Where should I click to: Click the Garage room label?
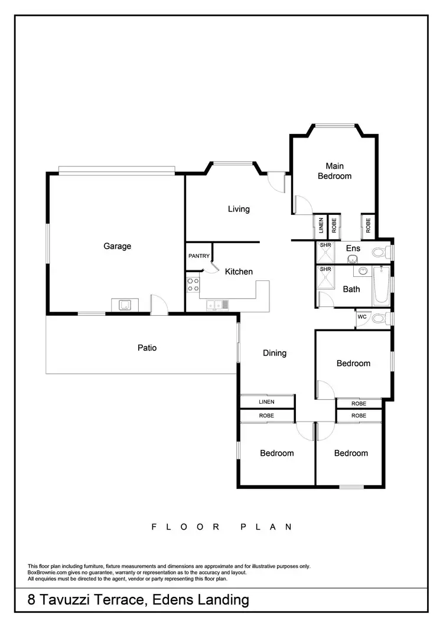[117, 246]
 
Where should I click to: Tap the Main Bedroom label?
[334, 171]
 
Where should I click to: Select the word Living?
[239, 209]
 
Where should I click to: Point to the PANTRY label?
[198, 256]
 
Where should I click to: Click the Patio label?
[147, 348]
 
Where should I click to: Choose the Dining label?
[275, 353]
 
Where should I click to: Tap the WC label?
[361, 317]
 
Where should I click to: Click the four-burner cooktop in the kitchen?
[193, 285]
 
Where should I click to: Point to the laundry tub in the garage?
[125, 305]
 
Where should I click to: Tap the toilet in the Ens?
[382, 252]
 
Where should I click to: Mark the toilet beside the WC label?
[382, 319]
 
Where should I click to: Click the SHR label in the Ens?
[325, 245]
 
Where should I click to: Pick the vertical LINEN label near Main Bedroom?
[321, 225]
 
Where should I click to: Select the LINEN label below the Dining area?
[266, 402]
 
